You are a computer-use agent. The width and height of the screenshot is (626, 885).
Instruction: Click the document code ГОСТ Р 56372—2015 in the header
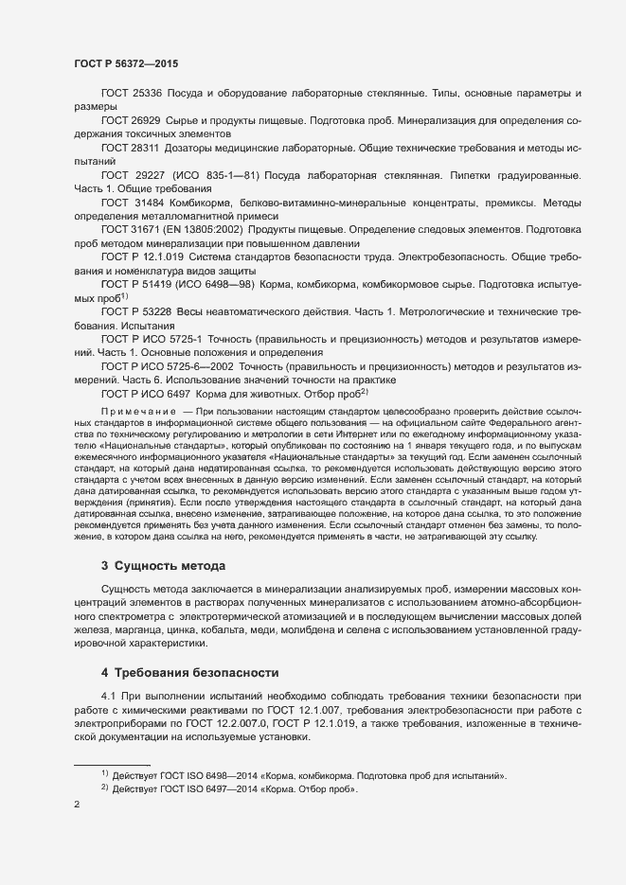pyautogui.click(x=125, y=64)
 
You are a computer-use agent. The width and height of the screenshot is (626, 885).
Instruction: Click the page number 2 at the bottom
pyautogui.click(x=77, y=805)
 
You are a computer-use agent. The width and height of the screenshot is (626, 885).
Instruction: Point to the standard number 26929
pyautogui.click(x=145, y=121)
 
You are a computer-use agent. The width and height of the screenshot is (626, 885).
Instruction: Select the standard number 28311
pyautogui.click(x=145, y=148)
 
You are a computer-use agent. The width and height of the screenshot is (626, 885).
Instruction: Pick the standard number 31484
pyautogui.click(x=148, y=203)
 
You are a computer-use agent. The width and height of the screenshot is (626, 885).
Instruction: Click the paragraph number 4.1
pyautogui.click(x=108, y=696)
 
